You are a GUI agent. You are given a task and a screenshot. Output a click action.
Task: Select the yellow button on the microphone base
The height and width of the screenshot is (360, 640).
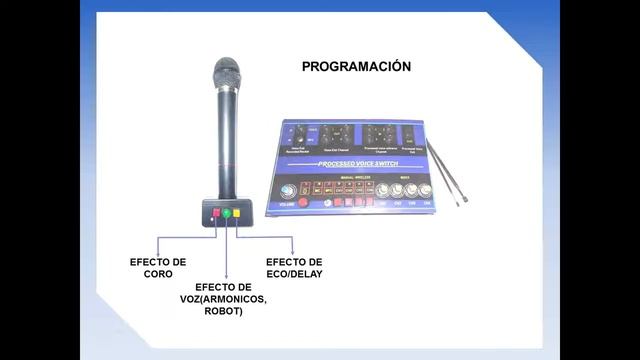coord(237,213)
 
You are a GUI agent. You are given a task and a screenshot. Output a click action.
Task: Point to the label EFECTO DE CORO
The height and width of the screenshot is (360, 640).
coord(158,267)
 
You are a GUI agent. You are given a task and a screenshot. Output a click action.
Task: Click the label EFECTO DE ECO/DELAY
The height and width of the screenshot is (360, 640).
coord(294,267)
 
